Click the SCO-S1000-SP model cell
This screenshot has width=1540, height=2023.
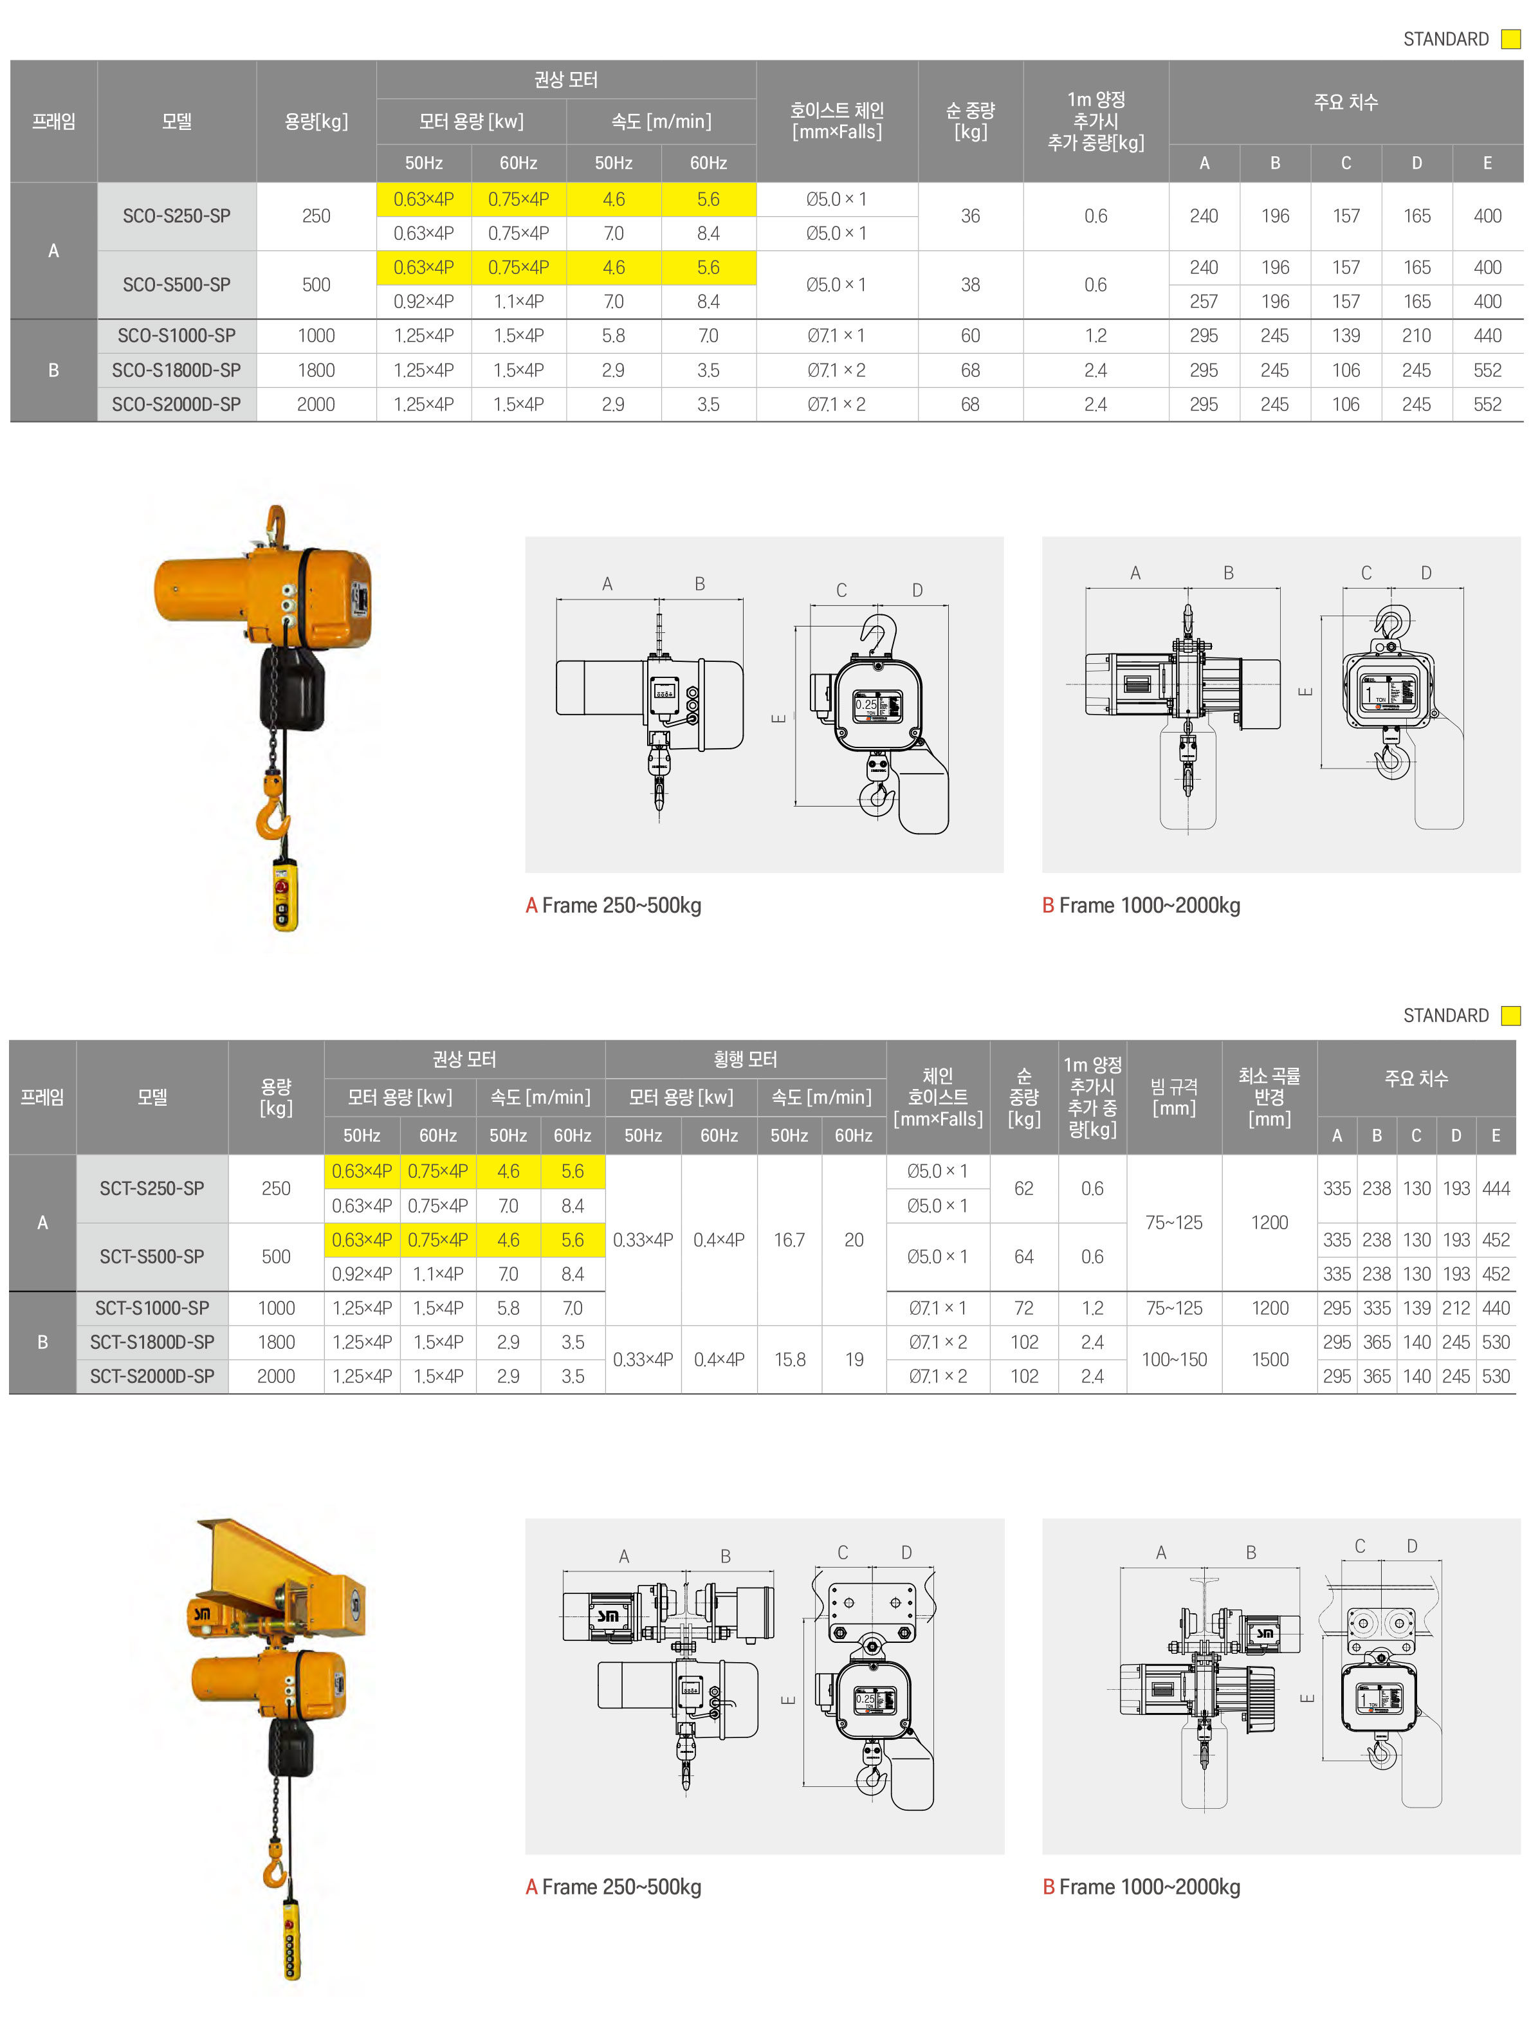[176, 336]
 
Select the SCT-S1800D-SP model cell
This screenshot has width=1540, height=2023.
[152, 1342]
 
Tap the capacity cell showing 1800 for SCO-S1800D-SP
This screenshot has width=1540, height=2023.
[316, 371]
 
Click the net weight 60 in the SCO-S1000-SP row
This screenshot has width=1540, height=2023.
[970, 336]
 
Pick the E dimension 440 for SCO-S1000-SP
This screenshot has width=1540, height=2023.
[1487, 336]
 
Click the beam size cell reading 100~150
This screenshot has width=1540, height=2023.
[1173, 1359]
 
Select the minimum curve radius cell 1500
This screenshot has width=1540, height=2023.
[1270, 1359]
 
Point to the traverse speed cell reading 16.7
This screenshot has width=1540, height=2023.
[789, 1240]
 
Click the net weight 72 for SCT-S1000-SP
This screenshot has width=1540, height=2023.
[1024, 1308]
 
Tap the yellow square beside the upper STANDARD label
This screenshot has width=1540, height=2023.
[1510, 39]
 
